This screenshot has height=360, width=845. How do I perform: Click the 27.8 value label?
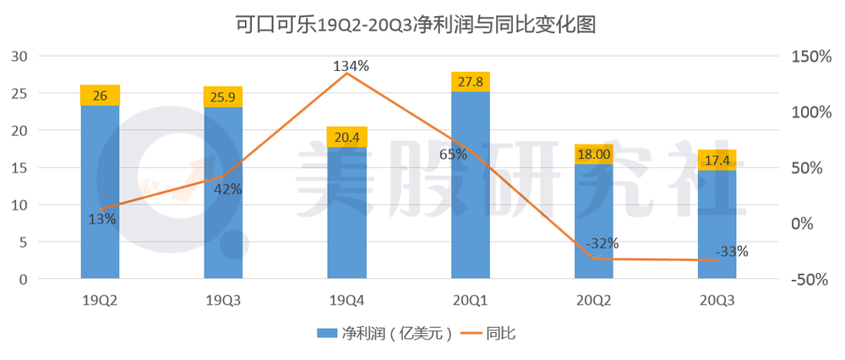[470, 82]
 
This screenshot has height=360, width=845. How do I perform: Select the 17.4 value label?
[717, 160]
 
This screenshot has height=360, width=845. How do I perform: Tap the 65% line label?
[453, 155]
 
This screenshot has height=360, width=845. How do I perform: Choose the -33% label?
[731, 251]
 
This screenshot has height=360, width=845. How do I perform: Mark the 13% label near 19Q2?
[102, 218]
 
